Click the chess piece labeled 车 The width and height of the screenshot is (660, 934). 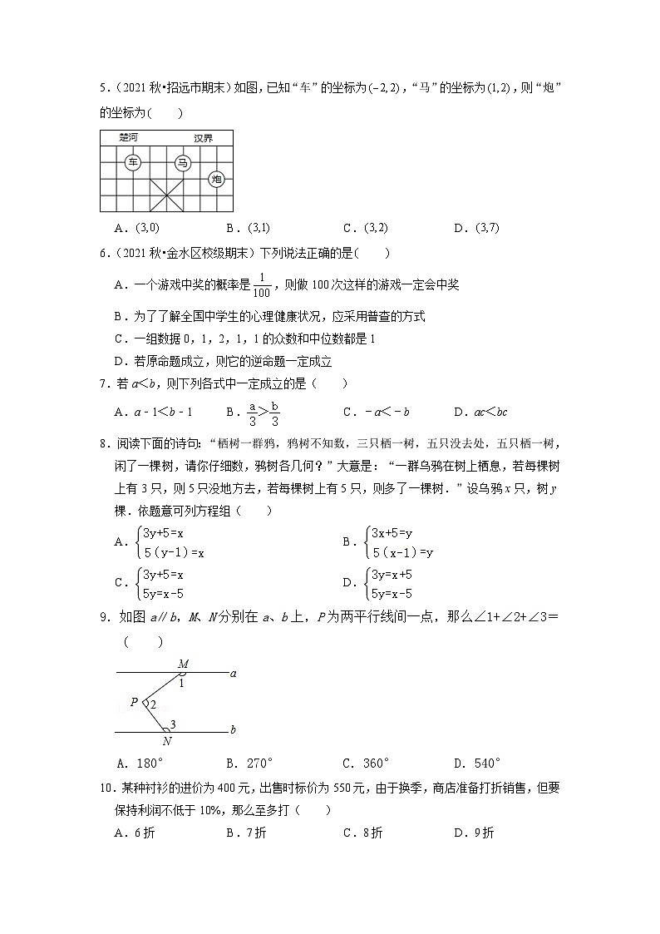coord(133,162)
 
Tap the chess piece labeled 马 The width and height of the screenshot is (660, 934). coord(183,162)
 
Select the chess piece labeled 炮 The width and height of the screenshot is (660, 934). coord(217,179)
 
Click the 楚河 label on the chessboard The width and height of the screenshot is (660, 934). coord(129,137)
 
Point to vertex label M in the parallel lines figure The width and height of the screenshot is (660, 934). coord(184,663)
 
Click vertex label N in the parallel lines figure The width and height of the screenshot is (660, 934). coord(166,741)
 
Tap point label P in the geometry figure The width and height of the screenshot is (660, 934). coord(134,703)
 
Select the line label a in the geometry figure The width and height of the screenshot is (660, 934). coord(234,673)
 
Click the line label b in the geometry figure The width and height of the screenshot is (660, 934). coord(234,729)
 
